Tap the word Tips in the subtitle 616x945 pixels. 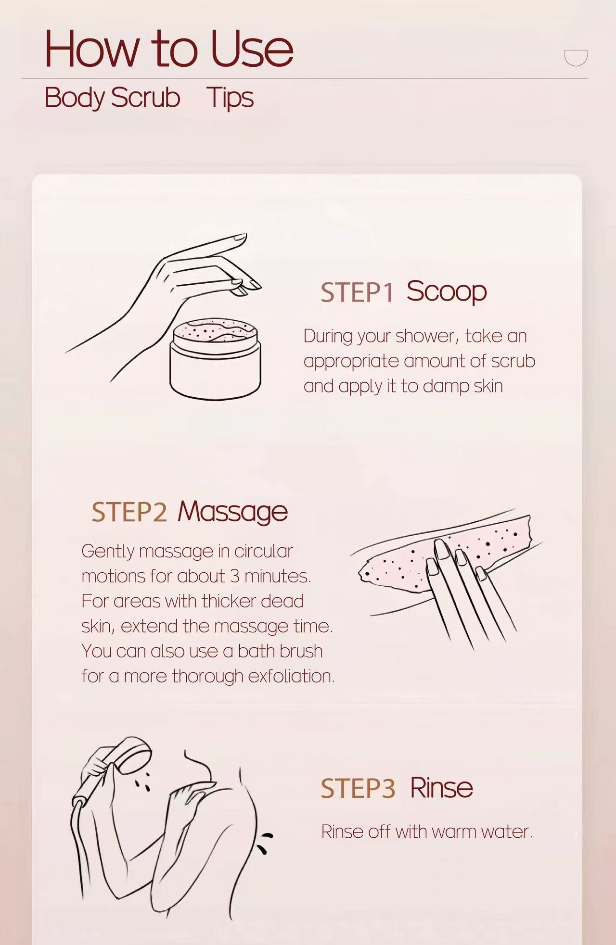tap(230, 98)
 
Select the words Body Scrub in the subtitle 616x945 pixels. tap(112, 98)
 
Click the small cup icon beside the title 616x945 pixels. tap(576, 57)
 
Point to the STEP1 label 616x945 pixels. tap(357, 292)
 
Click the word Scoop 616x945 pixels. tap(447, 291)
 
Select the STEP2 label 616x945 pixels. tap(129, 512)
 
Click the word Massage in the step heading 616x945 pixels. tap(232, 512)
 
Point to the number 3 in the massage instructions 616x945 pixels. tap(234, 576)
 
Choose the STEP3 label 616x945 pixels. tap(358, 789)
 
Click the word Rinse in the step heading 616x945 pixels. tap(441, 788)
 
